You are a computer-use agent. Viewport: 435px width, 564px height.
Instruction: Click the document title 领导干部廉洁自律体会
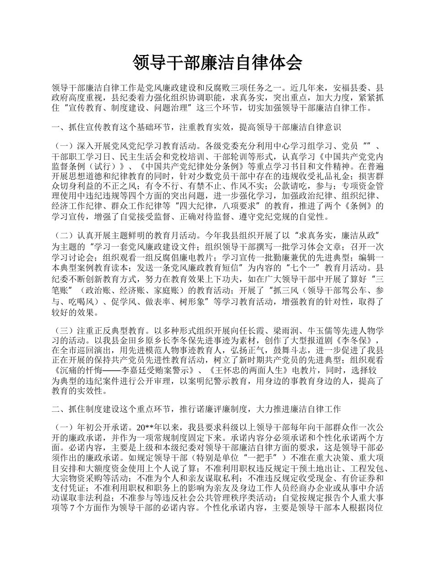tap(217, 63)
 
